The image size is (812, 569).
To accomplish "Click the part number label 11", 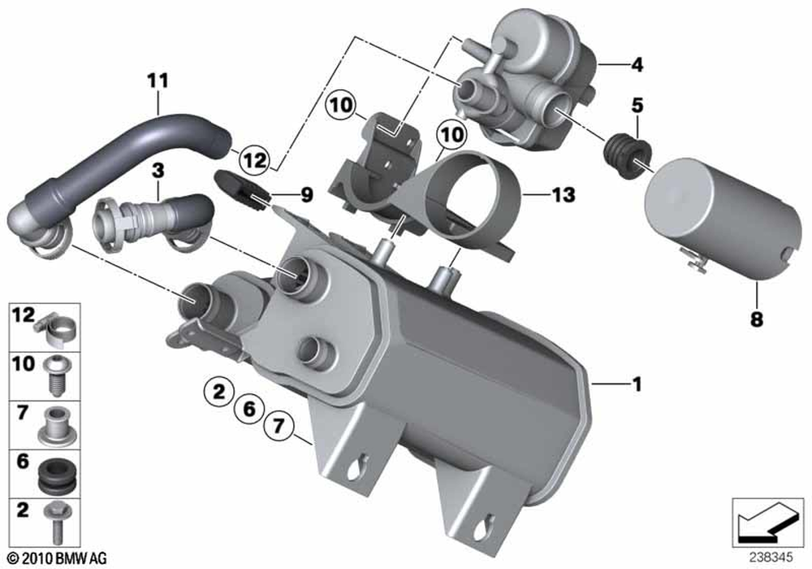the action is click(x=158, y=80).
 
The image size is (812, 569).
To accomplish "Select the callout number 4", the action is click(x=637, y=65).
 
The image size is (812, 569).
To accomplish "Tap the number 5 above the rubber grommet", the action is click(x=637, y=105).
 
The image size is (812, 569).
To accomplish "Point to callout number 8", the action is click(x=757, y=319).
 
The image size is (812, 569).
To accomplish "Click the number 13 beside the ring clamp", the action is click(x=564, y=195).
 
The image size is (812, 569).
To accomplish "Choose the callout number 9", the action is click(x=307, y=195).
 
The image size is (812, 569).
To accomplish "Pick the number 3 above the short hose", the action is click(x=158, y=170).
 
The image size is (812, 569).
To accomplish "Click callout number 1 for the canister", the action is click(x=637, y=384).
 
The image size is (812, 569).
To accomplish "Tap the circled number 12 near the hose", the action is click(x=255, y=159).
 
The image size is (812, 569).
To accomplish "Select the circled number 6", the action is click(x=249, y=409).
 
